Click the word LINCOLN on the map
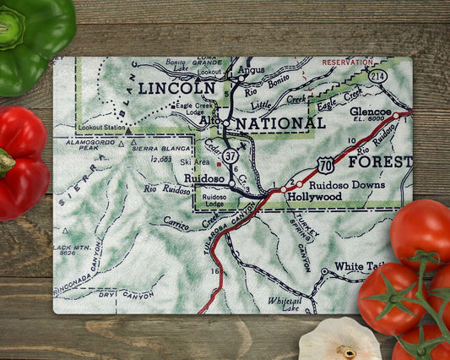tap(176, 88)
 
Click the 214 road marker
tap(377, 77)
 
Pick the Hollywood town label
tap(314, 196)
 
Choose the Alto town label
tap(210, 122)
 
